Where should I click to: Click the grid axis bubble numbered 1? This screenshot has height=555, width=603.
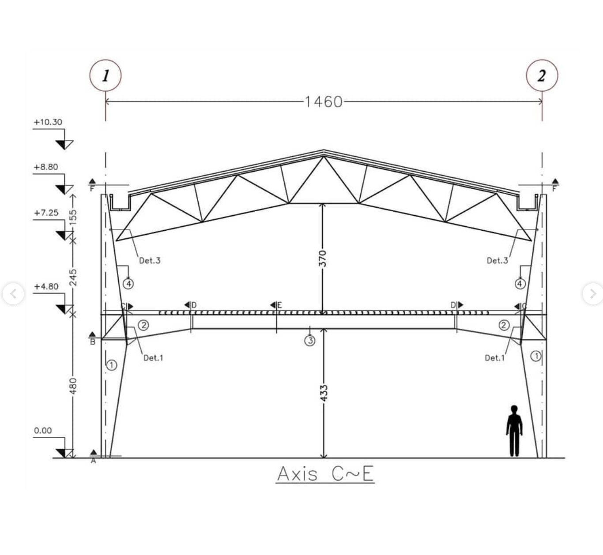click(x=106, y=75)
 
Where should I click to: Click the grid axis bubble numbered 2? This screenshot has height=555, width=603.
click(x=542, y=75)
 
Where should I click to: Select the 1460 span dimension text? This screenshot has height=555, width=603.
click(x=324, y=102)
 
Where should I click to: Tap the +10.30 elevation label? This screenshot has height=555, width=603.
click(x=48, y=122)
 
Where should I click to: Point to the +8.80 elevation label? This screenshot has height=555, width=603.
click(x=46, y=167)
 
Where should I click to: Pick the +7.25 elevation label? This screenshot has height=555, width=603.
click(x=46, y=213)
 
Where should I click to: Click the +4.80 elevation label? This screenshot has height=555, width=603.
click(x=46, y=286)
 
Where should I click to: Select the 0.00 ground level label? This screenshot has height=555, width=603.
click(x=43, y=431)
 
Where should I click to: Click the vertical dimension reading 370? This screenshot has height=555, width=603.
click(x=322, y=259)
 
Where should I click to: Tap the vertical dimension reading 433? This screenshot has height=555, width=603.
click(x=324, y=393)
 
